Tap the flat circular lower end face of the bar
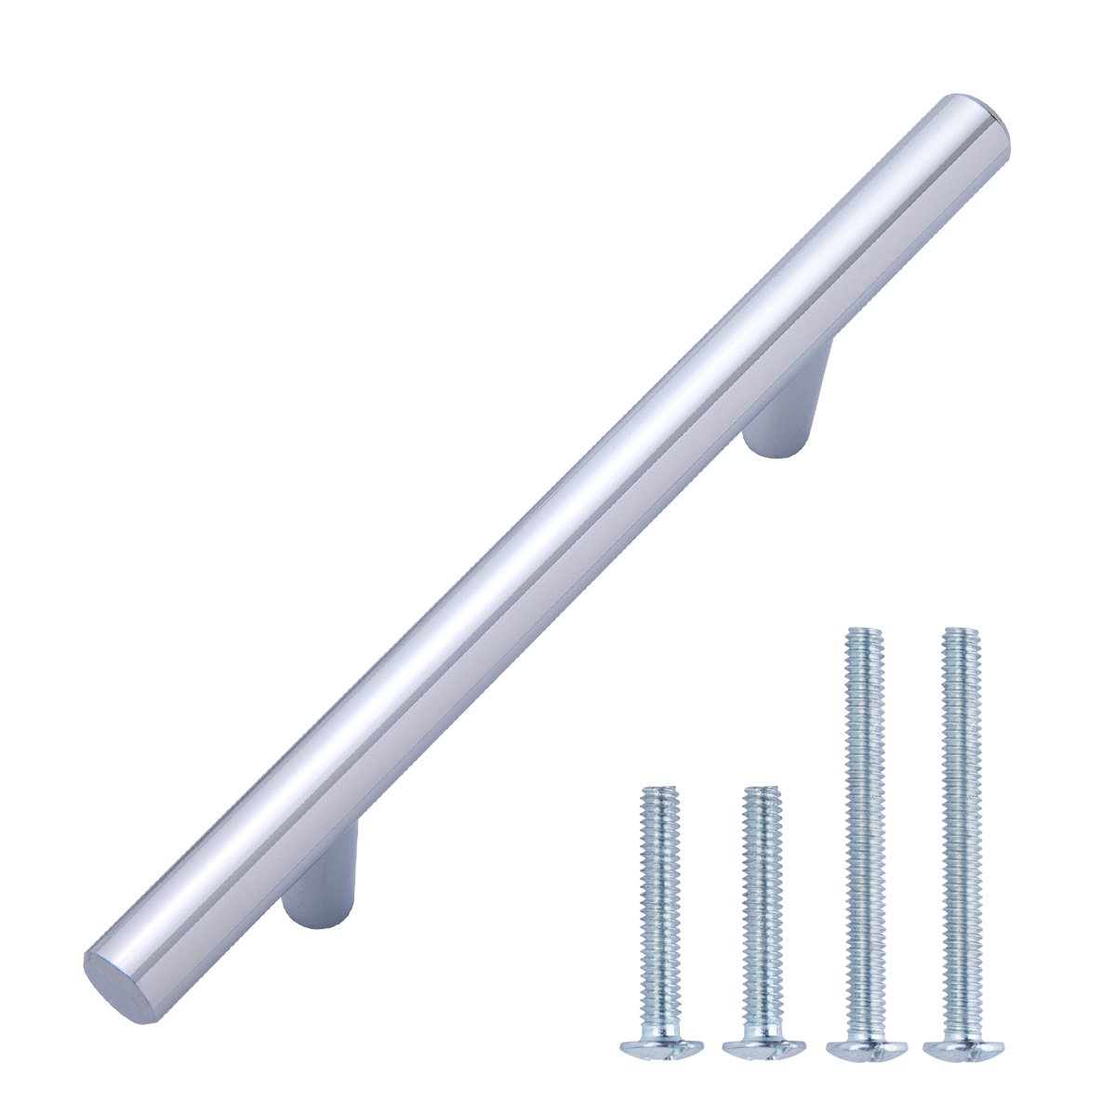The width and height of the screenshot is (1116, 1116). (110, 973)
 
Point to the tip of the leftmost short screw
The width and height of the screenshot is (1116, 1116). (659, 792)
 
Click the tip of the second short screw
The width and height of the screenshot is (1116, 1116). (762, 792)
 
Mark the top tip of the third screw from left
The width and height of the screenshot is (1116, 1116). (863, 634)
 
